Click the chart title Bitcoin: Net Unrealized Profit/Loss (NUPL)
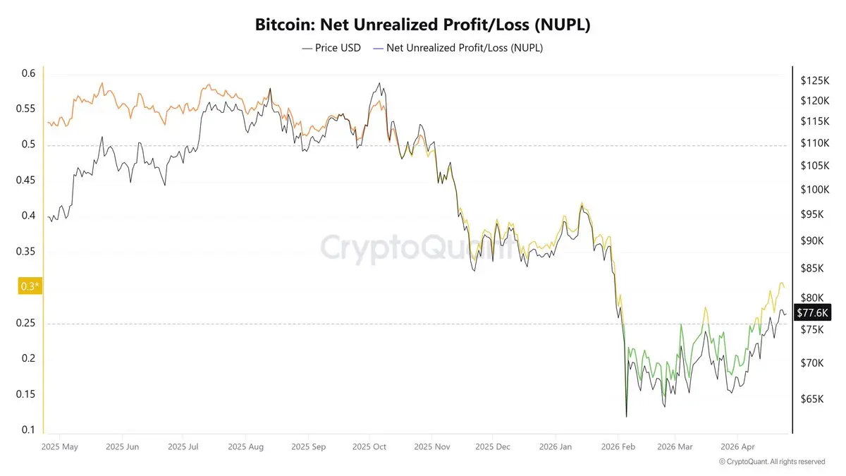click(x=422, y=25)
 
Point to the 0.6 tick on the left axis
click(x=28, y=73)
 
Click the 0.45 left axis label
click(x=28, y=181)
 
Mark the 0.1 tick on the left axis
click(x=28, y=429)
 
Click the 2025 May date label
click(x=59, y=446)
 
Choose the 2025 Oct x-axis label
click(x=369, y=446)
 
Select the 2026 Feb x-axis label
click(x=617, y=446)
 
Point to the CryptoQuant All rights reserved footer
click(x=772, y=461)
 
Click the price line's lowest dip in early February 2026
click(x=626, y=416)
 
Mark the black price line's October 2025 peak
click(x=380, y=83)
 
